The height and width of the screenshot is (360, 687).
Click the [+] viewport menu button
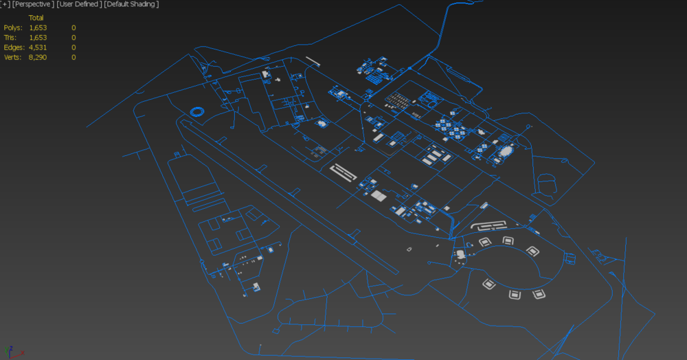5,4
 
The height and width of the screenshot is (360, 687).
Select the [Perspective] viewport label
33,4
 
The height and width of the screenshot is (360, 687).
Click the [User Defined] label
79,4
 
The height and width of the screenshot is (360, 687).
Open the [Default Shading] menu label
131,4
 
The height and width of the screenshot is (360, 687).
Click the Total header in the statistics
36,18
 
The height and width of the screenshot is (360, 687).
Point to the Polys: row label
12,27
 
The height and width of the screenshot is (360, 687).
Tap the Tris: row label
10,38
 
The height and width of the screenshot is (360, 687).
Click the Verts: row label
12,58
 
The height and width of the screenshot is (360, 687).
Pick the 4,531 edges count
38,47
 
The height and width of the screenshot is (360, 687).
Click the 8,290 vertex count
38,58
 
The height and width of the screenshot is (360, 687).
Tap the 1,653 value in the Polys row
38,27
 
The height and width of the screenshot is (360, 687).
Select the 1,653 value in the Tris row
38,38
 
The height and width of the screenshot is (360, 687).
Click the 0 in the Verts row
74,58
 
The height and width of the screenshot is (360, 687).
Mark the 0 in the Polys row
74,27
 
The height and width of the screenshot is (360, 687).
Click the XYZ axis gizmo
12,352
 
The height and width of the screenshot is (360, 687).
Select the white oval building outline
506,152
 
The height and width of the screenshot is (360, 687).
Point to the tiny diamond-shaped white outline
409,249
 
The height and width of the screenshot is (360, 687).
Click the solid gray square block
379,196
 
